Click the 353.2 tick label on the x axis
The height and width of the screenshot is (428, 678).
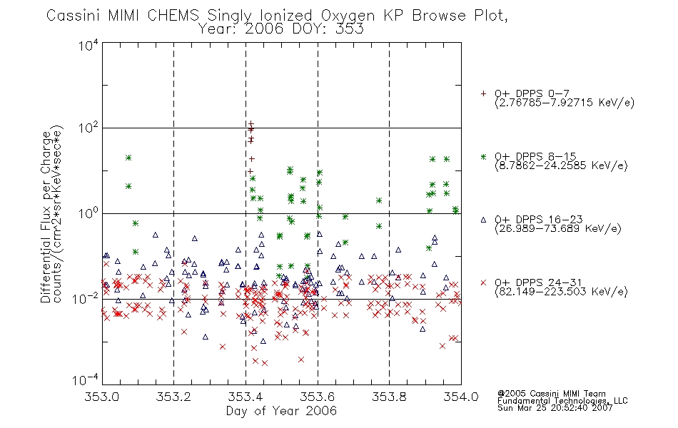point(173,397)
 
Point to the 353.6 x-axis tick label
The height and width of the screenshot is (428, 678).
point(318,397)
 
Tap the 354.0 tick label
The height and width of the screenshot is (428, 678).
point(461,397)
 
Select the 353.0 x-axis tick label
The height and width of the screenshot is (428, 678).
point(102,397)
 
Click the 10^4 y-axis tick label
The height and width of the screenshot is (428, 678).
point(88,45)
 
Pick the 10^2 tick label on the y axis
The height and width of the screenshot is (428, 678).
point(88,128)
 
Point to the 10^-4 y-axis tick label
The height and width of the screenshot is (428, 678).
point(86,380)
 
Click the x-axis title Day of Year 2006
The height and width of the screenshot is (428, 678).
point(281,411)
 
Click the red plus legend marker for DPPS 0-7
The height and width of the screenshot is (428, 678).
point(483,93)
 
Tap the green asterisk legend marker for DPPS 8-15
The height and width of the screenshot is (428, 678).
point(483,156)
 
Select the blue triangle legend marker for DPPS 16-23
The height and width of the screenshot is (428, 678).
point(483,220)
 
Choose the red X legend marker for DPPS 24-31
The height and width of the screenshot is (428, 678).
point(483,282)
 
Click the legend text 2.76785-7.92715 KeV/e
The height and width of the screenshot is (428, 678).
point(565,103)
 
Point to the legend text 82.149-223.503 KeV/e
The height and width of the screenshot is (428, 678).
point(561,292)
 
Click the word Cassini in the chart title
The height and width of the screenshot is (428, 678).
point(73,16)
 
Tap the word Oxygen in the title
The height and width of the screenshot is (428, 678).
point(348,16)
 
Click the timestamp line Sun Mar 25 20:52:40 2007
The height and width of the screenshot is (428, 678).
point(555,408)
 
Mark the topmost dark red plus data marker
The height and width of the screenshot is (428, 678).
point(251,124)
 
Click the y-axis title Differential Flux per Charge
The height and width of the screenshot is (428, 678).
point(46,217)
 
